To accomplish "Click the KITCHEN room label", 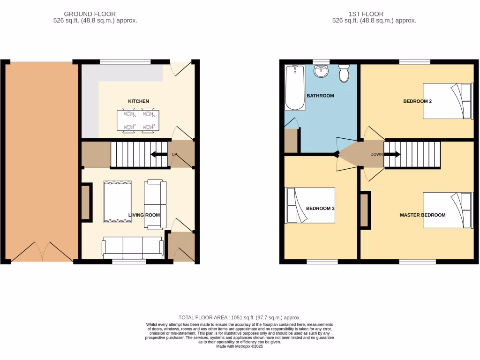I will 139,101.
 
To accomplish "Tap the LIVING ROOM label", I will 144,215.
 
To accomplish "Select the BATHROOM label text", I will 320,96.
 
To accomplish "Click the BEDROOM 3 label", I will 320,208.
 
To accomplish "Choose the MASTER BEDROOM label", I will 422,215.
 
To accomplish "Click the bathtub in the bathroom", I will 295,88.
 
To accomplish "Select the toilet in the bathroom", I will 344,74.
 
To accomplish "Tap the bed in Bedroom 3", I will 310,205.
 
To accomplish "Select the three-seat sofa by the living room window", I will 132,247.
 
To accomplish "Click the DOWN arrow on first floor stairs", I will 392,154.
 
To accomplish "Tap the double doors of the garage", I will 42,252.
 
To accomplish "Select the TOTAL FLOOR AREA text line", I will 240,318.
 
